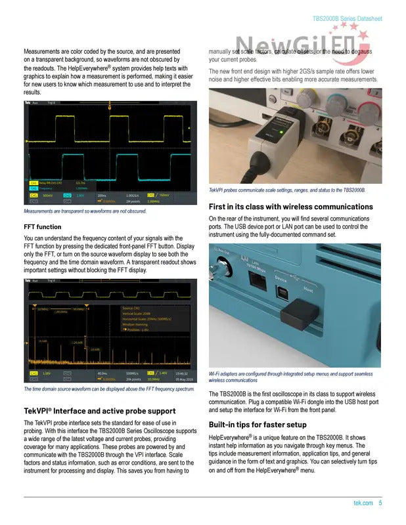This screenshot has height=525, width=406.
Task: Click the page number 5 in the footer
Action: coord(380,503)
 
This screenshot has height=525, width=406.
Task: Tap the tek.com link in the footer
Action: coord(363,503)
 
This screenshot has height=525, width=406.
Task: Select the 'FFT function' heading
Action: coord(43,226)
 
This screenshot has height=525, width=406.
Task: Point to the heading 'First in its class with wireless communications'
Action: coord(290,207)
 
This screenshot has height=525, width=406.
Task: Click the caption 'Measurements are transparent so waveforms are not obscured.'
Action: coord(84,211)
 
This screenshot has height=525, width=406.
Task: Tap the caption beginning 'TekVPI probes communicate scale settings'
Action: coord(287,190)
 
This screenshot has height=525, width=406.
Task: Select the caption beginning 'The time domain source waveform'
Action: coord(108,389)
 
